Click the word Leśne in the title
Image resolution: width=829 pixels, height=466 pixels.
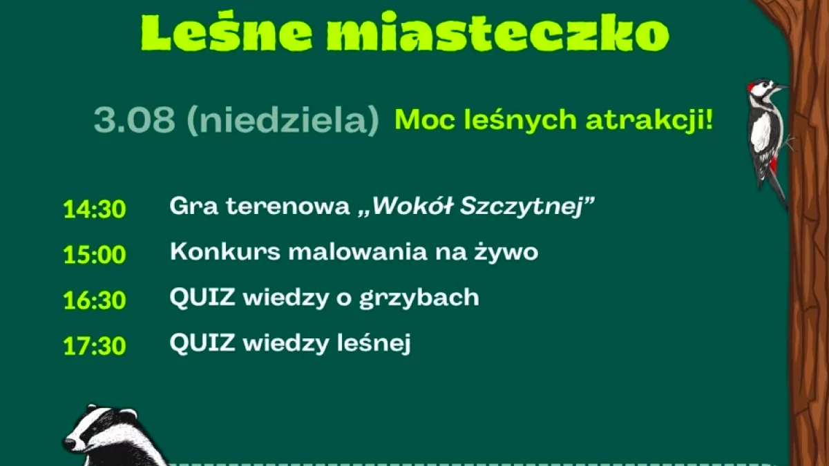pos(227,32)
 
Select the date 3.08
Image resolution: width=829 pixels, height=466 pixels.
pos(134,120)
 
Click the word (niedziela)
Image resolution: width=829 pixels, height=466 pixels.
pos(283,119)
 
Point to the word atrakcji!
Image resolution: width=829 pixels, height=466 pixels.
pos(649,119)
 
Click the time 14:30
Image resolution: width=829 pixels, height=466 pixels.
pos(95,209)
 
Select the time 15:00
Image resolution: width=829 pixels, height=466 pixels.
pos(95,255)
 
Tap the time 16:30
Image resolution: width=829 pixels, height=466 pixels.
pos(95,300)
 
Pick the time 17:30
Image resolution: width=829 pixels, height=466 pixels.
pos(95,346)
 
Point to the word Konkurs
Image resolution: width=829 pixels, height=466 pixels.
pos(225,252)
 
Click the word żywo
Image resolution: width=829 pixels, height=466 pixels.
pos(506,252)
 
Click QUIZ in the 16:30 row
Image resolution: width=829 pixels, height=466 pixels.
pos(202,298)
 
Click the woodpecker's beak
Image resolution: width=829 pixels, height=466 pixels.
pos(781,88)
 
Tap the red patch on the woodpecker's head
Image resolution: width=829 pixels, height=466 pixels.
pos(751,87)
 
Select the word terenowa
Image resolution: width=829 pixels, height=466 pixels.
pos(288,206)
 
